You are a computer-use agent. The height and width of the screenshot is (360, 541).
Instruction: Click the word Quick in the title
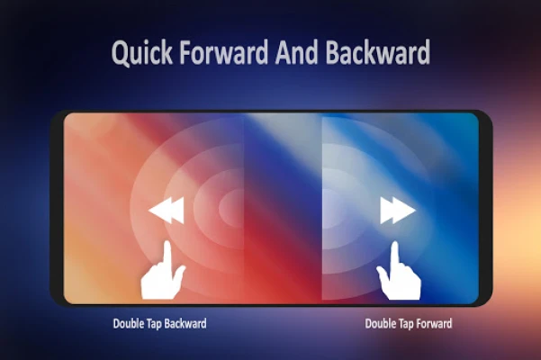click(x=142, y=53)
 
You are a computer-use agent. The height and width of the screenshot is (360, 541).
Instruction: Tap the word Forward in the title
click(x=223, y=51)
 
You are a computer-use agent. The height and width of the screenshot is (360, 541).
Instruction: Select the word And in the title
click(x=296, y=51)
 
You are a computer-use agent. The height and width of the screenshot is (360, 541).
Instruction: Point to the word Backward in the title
click(x=378, y=51)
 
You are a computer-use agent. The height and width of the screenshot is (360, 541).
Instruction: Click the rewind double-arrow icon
click(x=167, y=211)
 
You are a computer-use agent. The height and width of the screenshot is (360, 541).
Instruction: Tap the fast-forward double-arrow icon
click(x=398, y=211)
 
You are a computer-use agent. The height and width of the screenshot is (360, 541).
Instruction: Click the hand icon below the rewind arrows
click(x=163, y=270)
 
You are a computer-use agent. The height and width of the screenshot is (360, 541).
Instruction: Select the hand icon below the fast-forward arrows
click(x=399, y=271)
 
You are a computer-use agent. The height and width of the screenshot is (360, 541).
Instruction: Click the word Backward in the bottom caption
click(x=185, y=323)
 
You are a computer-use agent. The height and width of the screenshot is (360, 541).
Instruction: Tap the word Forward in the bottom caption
click(x=434, y=323)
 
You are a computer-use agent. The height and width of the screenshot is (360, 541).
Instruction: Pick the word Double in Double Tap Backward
click(x=125, y=324)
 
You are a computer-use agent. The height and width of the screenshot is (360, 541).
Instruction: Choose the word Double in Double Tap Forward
click(x=377, y=324)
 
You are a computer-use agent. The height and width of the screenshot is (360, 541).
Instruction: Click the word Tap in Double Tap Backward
click(x=150, y=324)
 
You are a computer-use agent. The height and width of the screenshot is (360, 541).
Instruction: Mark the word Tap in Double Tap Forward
click(x=402, y=324)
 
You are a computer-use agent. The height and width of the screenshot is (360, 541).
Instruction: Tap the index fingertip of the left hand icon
click(x=167, y=243)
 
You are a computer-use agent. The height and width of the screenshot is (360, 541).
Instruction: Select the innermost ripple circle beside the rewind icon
click(x=231, y=208)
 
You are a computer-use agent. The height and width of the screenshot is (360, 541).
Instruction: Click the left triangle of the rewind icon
click(x=158, y=211)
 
